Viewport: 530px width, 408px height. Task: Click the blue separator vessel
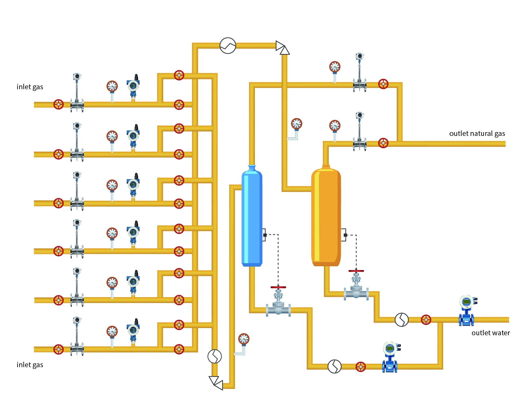tap(252, 216)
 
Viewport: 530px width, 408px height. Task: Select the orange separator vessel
tap(326, 216)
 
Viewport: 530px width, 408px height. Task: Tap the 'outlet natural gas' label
tap(477, 133)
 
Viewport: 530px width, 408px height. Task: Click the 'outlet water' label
tap(490, 333)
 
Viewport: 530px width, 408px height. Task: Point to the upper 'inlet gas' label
tap(30, 87)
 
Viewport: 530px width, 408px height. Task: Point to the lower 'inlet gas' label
tap(30, 365)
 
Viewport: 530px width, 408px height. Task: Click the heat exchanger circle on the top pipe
tap(228, 45)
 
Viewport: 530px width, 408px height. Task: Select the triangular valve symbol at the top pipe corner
tap(282, 48)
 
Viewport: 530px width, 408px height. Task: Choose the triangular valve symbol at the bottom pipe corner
tap(216, 382)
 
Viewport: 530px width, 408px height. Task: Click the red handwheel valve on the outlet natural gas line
tap(383, 143)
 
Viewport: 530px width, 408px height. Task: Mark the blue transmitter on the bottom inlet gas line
tap(133, 330)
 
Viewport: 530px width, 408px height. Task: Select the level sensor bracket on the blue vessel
tap(264, 235)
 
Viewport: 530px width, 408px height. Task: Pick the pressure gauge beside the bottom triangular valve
tap(244, 339)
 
